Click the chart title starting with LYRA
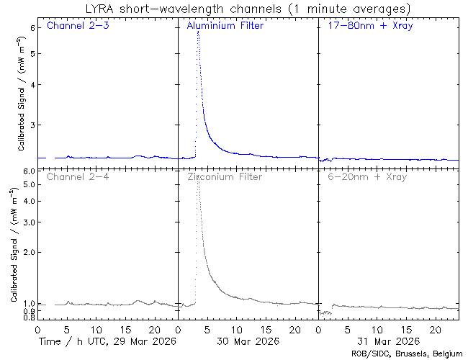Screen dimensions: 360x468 [x=246, y=9]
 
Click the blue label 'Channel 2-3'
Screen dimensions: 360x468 [x=78, y=27]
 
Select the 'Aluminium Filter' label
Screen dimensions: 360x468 [x=225, y=27]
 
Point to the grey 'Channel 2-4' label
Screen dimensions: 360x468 [x=78, y=176]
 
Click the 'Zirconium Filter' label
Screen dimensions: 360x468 [x=225, y=176]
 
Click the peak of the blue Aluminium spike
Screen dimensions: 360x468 [x=197, y=32]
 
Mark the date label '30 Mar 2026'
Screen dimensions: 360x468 [x=248, y=341]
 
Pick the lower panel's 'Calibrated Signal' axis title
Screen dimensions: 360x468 [x=14, y=245]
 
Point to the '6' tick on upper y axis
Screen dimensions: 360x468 [x=32, y=27]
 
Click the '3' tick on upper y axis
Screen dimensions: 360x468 [x=32, y=125]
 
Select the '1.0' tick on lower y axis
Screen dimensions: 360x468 [x=29, y=304]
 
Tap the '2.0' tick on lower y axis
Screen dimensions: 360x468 [x=29, y=253]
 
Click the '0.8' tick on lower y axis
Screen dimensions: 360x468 [x=29, y=317]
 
